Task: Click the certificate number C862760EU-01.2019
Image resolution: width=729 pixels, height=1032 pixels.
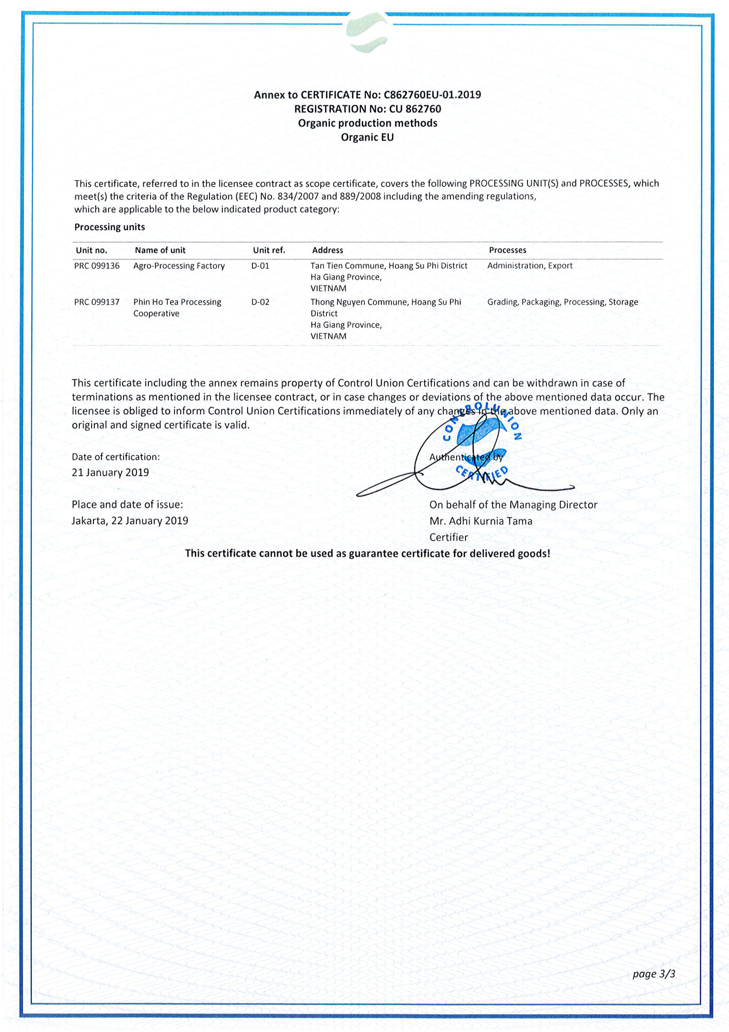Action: tap(432, 95)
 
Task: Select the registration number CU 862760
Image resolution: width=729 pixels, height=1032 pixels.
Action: tap(415, 109)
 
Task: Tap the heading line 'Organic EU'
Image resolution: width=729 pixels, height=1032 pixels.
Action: tap(367, 137)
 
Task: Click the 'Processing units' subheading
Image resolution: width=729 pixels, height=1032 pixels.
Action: tap(110, 227)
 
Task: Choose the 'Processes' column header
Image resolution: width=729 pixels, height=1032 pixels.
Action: tap(508, 250)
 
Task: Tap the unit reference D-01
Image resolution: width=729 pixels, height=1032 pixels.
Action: tap(260, 266)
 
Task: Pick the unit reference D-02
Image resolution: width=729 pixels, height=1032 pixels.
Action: tap(260, 302)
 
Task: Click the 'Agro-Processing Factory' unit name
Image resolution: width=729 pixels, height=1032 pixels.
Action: tap(179, 266)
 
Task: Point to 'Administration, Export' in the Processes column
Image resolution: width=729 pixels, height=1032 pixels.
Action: tap(530, 266)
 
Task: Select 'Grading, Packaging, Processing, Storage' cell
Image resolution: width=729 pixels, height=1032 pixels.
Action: tap(563, 302)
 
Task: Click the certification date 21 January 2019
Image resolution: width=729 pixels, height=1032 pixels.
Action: tap(110, 472)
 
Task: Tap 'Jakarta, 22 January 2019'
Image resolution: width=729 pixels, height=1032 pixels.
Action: tap(130, 520)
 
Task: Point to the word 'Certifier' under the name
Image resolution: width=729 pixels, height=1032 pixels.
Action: tap(449, 537)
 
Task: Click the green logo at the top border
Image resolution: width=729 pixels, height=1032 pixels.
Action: tap(367, 32)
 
